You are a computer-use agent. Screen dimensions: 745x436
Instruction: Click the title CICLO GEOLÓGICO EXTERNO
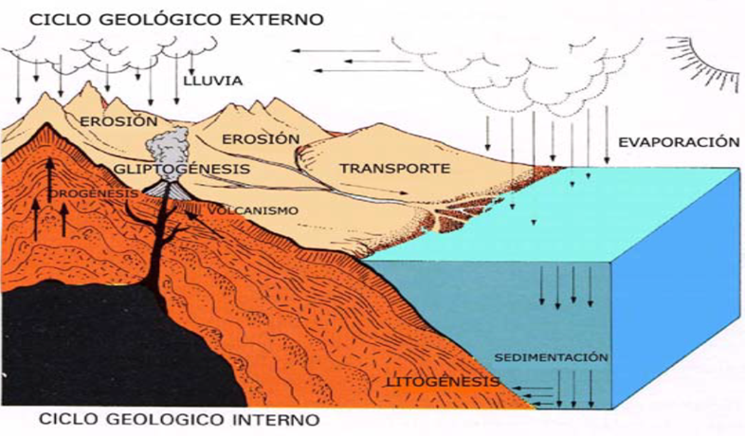(162, 18)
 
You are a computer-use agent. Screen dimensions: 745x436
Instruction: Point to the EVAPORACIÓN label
(678, 142)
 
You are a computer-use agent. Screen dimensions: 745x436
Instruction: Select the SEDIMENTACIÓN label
(551, 357)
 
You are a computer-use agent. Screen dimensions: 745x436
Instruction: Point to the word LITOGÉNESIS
(443, 381)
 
